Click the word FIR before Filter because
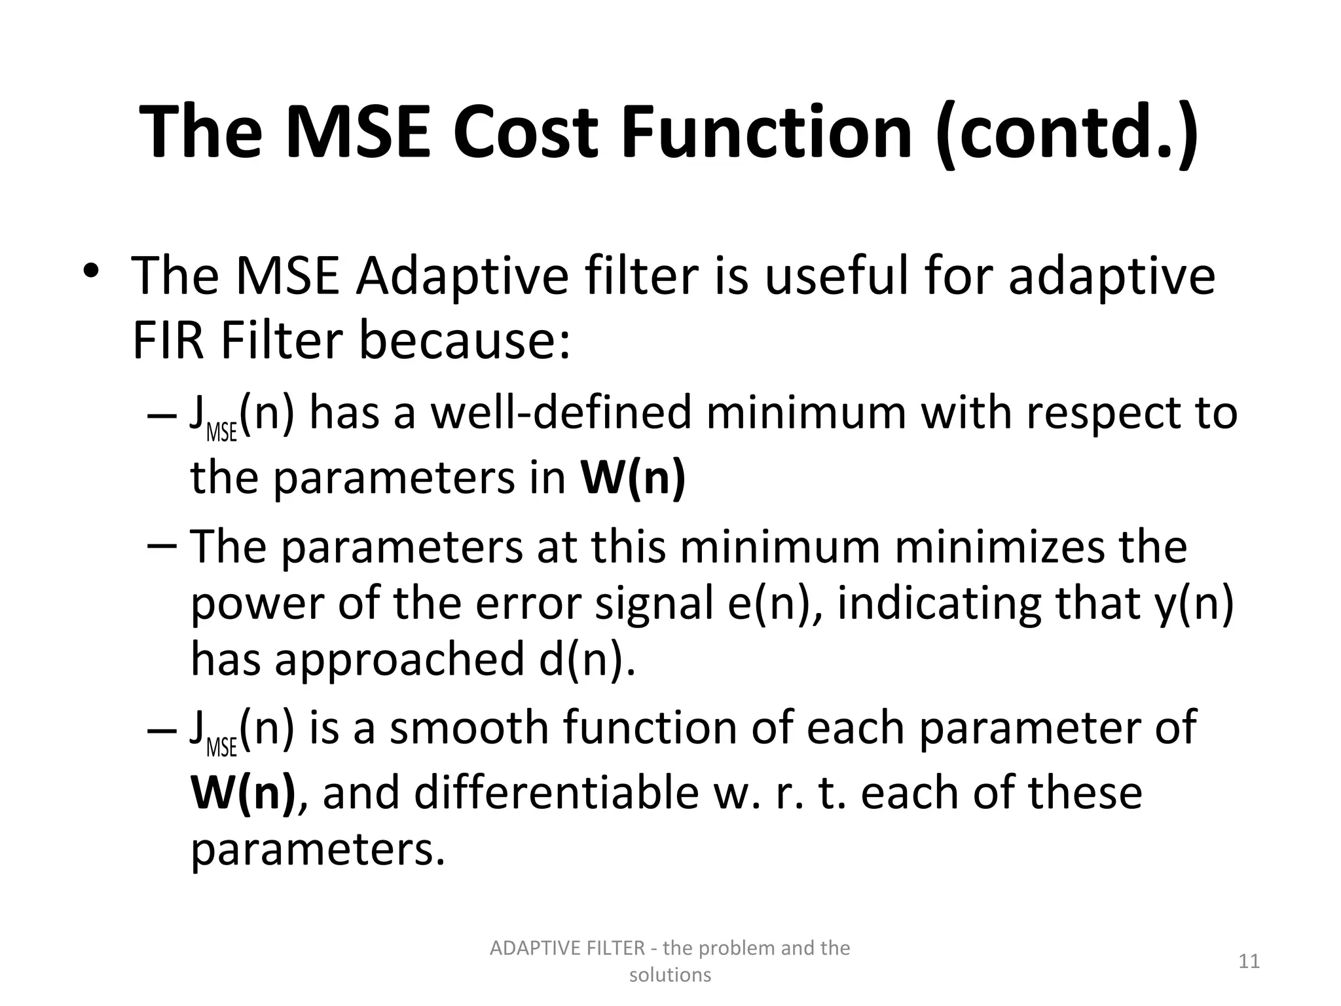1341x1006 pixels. (170, 342)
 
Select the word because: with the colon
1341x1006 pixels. (465, 342)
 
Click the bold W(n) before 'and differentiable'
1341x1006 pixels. (243, 792)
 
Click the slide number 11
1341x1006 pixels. (1249, 961)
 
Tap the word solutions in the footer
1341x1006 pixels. (670, 975)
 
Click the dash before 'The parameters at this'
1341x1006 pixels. (162, 546)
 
